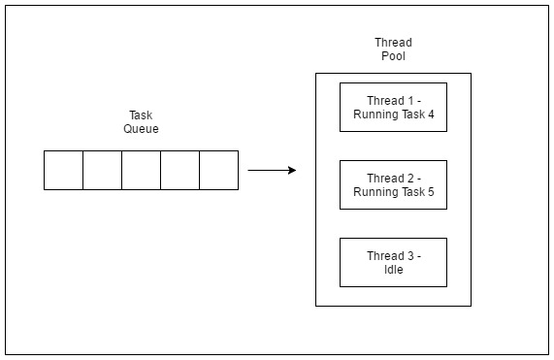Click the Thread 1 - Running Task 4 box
(x=393, y=107)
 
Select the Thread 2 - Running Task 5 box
(x=393, y=184)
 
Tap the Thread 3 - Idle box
(x=393, y=262)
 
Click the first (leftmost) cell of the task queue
(x=63, y=170)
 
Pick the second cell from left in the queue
(x=102, y=170)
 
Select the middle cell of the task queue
(x=141, y=170)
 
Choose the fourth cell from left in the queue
(x=179, y=170)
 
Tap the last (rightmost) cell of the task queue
(x=218, y=170)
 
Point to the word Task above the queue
(x=141, y=115)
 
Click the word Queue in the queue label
(x=141, y=129)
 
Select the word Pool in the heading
(x=393, y=55)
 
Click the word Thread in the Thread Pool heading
(x=393, y=42)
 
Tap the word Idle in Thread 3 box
(x=393, y=269)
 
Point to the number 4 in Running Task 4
(x=430, y=114)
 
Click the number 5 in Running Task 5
(x=430, y=191)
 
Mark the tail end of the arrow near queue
(x=249, y=171)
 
